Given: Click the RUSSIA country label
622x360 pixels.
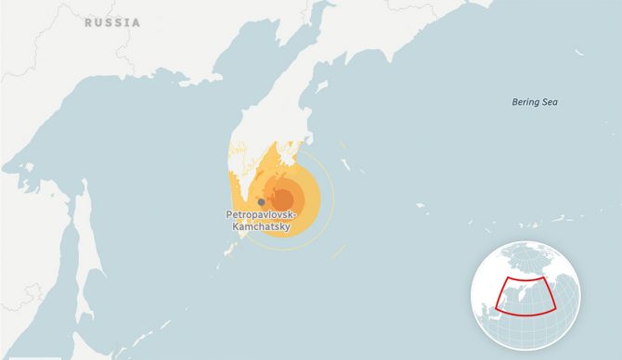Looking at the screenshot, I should click(112, 21).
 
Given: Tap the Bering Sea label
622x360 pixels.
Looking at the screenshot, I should click(535, 101).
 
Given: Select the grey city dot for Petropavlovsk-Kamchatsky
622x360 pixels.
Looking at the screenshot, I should click(261, 201).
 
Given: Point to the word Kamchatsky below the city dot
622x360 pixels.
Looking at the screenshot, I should click(262, 226).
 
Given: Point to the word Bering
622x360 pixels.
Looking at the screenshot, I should click(526, 101).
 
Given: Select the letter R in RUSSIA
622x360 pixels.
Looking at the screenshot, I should click(88, 21).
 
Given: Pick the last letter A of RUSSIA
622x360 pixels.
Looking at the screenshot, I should click(136, 21).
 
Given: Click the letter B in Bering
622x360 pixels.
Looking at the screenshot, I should click(515, 101).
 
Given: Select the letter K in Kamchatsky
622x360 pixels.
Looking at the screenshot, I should click(236, 226).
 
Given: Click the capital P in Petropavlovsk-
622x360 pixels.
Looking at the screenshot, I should click(229, 214).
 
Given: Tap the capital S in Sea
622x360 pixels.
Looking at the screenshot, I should click(545, 101).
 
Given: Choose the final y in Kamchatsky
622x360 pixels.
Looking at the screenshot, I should click(287, 227).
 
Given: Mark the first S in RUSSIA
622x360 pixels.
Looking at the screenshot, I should click(108, 21).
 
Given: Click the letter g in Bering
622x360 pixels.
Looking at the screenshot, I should click(537, 102).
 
